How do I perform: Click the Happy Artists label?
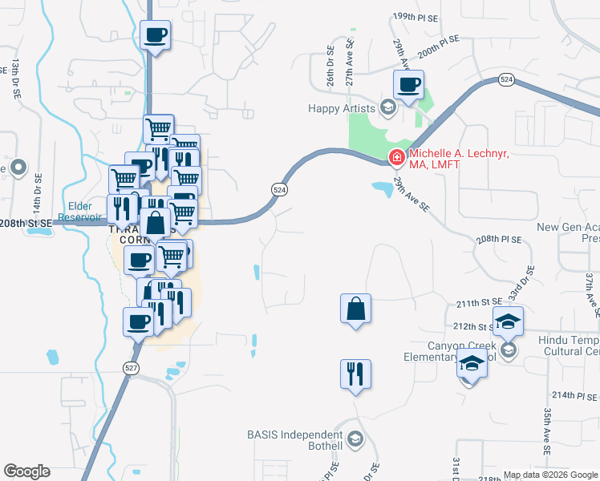click(343, 108)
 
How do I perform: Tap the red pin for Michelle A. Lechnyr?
click(396, 158)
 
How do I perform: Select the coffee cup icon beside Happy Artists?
click(408, 85)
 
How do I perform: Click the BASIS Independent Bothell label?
click(295, 440)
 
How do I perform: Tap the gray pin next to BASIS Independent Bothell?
click(357, 439)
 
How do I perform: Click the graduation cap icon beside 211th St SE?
click(508, 322)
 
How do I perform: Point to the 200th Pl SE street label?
click(438, 42)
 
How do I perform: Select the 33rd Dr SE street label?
click(529, 281)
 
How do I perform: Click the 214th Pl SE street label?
click(575, 395)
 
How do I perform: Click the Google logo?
click(26, 471)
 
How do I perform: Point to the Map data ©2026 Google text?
click(550, 475)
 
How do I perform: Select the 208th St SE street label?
click(27, 222)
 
